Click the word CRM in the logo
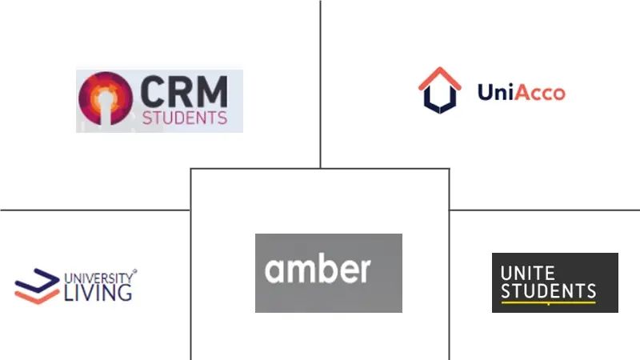(184, 92)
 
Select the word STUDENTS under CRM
(184, 118)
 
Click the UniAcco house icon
(441, 90)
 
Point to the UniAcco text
(521, 92)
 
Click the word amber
(318, 269)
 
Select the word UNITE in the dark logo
(527, 273)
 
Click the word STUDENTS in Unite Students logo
(548, 290)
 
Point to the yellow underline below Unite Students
(548, 303)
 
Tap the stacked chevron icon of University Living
(37, 287)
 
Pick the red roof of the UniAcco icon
(441, 77)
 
